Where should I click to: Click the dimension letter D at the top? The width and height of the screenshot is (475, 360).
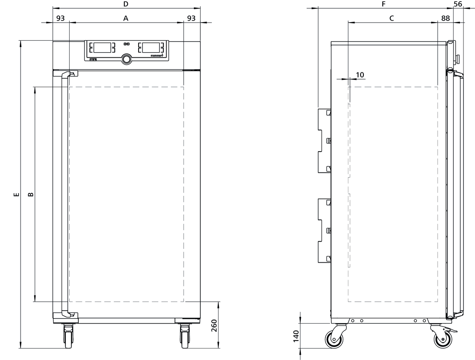[126, 4]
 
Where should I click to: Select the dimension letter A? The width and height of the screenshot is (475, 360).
[126, 18]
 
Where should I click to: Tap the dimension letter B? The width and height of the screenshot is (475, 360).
[31, 194]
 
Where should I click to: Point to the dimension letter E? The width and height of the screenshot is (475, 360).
[16, 195]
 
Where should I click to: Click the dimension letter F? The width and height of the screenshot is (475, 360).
[384, 4]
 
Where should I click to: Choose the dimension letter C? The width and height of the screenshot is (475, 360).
[391, 18]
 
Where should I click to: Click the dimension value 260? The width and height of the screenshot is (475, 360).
[214, 326]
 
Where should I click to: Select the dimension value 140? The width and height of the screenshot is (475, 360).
[296, 336]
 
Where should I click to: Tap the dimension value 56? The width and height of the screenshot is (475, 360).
[458, 4]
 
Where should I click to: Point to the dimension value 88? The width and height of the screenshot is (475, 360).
[446, 18]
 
